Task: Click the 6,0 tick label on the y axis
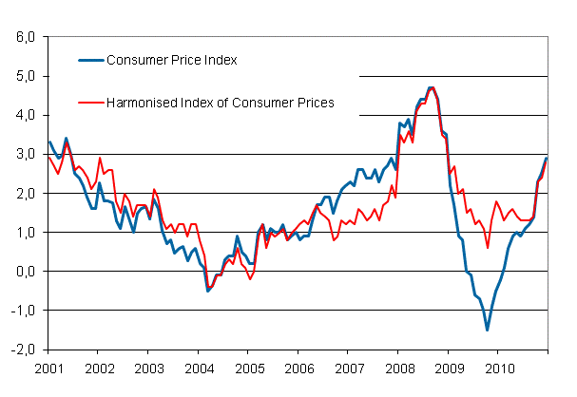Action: tap(24, 37)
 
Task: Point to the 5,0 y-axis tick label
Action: tap(24, 76)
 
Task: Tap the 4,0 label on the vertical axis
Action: tap(24, 115)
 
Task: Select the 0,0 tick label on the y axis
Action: tap(24, 271)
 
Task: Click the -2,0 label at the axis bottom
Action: tap(22, 349)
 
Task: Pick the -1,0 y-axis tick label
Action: tap(22, 310)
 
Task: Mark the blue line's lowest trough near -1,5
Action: tap(488, 330)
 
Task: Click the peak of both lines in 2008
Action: tap(431, 87)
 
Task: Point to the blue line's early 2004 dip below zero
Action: tap(208, 290)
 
